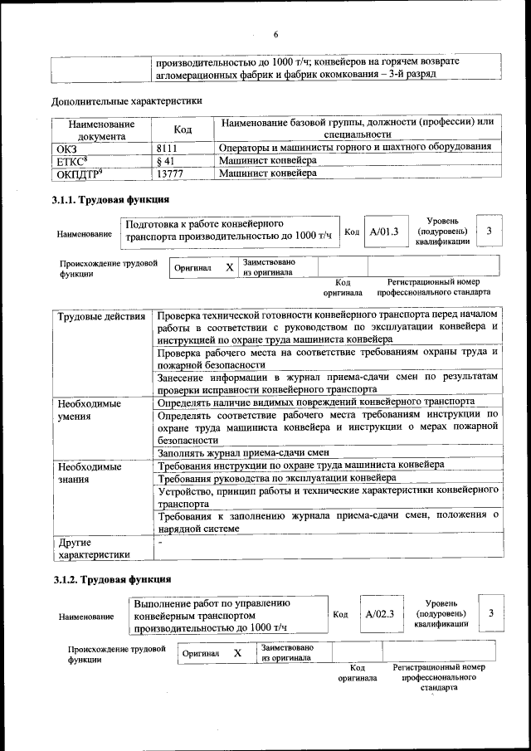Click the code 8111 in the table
click(x=169, y=147)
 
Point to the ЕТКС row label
click(x=71, y=160)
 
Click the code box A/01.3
click(x=384, y=232)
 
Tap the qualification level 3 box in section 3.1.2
click(x=491, y=612)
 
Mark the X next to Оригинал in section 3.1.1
click(x=229, y=268)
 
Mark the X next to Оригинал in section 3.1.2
click(x=237, y=653)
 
